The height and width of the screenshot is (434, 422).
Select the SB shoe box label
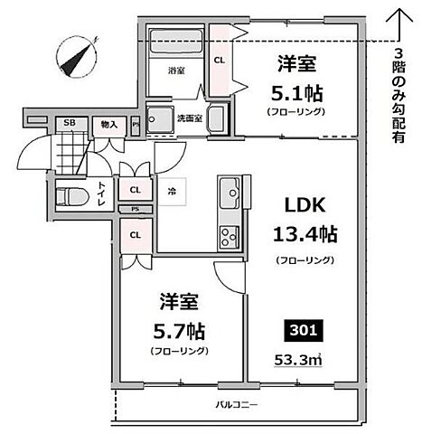[67, 124]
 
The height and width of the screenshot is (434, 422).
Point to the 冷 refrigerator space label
[172, 191]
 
